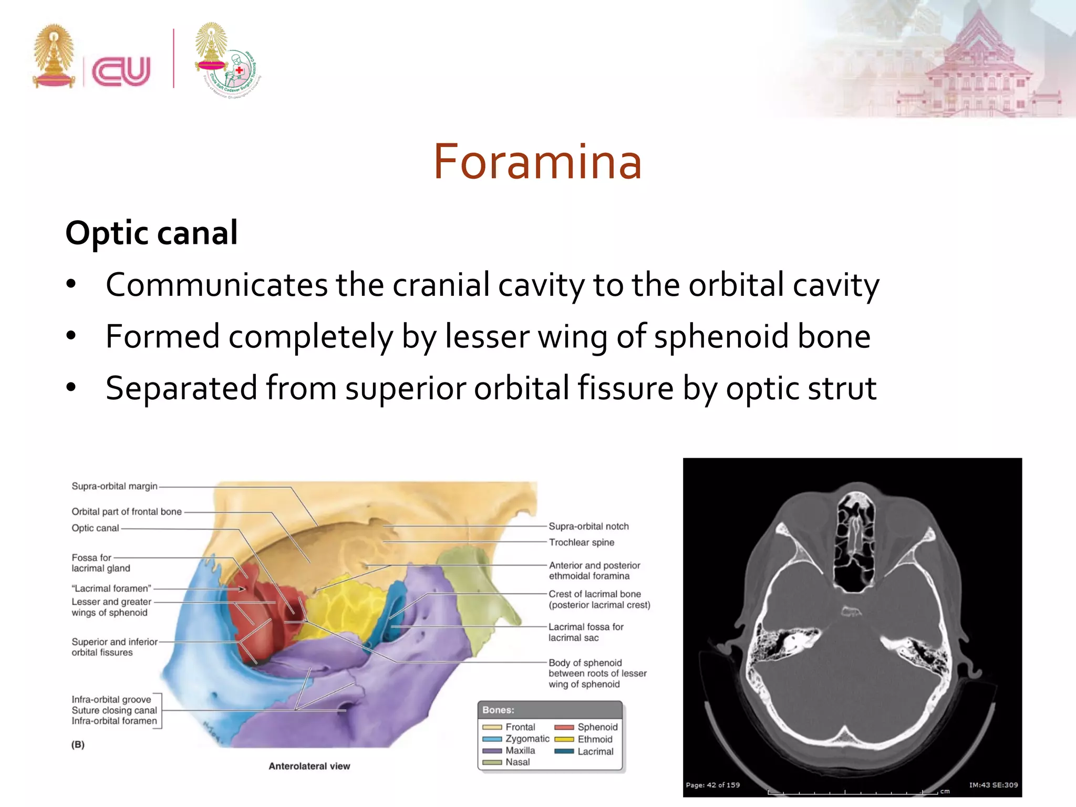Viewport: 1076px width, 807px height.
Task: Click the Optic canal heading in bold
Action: (x=152, y=233)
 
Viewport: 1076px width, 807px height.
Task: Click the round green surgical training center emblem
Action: (x=236, y=74)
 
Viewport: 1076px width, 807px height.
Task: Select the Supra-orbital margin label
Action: (x=115, y=487)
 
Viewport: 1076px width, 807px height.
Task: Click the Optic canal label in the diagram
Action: (x=95, y=528)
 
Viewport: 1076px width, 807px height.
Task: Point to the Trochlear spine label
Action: (x=581, y=542)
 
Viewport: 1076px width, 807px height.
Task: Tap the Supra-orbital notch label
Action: (x=588, y=526)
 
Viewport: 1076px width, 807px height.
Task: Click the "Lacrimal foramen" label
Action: (x=111, y=588)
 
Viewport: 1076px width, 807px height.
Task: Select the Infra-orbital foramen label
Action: (x=114, y=721)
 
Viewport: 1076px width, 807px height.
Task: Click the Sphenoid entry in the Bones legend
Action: (x=597, y=727)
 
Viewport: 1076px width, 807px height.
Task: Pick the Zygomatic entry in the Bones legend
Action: (x=527, y=739)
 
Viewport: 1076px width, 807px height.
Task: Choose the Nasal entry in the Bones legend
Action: (x=517, y=762)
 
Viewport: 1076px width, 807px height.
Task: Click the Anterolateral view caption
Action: (x=309, y=766)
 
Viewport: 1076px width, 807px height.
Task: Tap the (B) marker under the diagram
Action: (x=78, y=744)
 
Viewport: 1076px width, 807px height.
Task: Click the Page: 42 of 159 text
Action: (x=712, y=785)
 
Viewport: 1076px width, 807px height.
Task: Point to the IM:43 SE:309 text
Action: (x=993, y=785)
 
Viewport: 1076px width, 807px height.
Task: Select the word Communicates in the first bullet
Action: (x=216, y=285)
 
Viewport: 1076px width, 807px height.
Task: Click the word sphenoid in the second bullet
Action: (x=721, y=336)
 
